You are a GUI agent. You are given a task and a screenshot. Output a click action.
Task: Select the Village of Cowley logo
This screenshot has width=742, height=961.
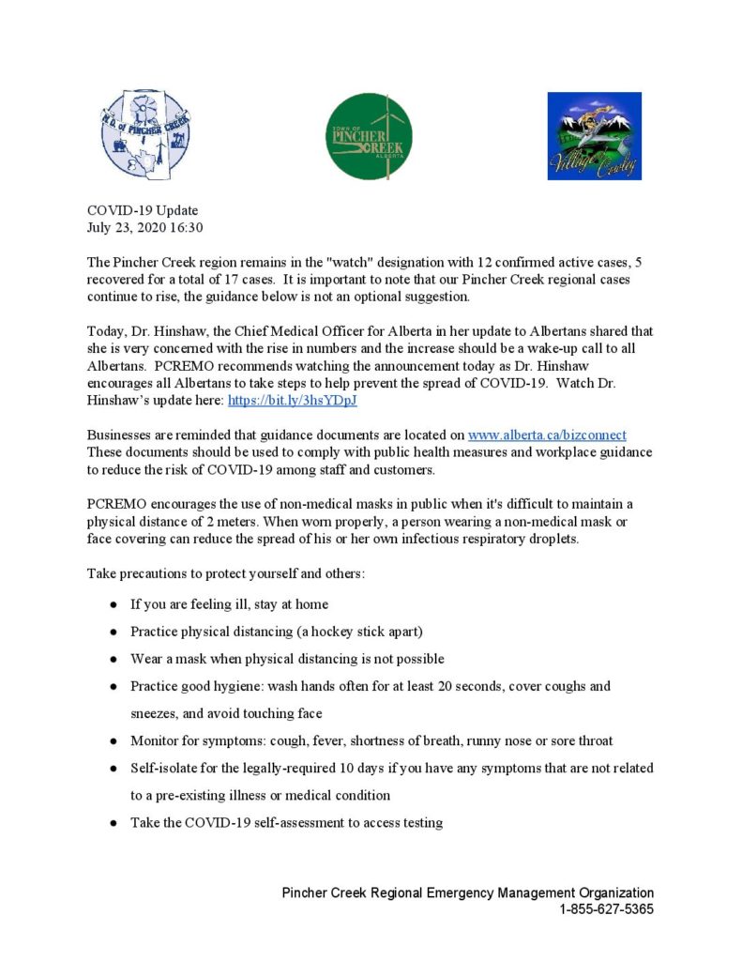pyautogui.click(x=594, y=136)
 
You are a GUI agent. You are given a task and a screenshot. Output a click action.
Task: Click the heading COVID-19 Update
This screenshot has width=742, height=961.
pyautogui.click(x=143, y=210)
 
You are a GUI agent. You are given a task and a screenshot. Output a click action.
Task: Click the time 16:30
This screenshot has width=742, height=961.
pyautogui.click(x=186, y=227)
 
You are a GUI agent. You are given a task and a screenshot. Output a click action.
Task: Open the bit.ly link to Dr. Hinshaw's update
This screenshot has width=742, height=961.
pyautogui.click(x=293, y=401)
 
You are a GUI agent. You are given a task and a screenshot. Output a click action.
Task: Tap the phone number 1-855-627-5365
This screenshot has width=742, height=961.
pyautogui.click(x=606, y=909)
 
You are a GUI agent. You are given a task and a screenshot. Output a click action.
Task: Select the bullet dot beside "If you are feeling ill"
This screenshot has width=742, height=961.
pyautogui.click(x=113, y=604)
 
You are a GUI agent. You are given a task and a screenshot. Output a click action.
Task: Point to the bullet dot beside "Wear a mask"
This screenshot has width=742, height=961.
pyautogui.click(x=113, y=659)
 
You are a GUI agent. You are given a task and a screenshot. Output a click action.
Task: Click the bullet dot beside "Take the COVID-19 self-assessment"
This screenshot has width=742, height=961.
pyautogui.click(x=113, y=823)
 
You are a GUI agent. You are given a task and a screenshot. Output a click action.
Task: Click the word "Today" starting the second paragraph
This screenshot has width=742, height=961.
pyautogui.click(x=104, y=331)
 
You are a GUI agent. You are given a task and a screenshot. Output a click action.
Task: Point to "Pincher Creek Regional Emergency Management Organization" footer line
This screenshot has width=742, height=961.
pyautogui.click(x=467, y=893)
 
